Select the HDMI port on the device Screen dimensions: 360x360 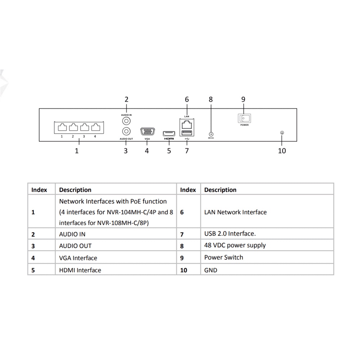[x=169, y=133]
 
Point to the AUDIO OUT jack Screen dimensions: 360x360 [x=126, y=131]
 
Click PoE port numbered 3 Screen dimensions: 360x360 [x=84, y=127]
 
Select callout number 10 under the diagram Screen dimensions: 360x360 [x=282, y=150]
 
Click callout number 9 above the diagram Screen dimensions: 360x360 [x=243, y=99]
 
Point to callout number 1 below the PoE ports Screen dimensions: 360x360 [x=77, y=150]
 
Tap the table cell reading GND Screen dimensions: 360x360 [x=211, y=270]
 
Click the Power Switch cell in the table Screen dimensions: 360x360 [x=224, y=257]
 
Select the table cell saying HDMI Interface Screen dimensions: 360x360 [x=80, y=270]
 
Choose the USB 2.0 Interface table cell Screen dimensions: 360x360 [x=230, y=234]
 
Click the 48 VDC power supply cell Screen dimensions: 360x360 [x=235, y=246]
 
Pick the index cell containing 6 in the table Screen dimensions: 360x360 [x=182, y=212]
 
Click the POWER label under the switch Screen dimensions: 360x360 [x=244, y=125]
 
